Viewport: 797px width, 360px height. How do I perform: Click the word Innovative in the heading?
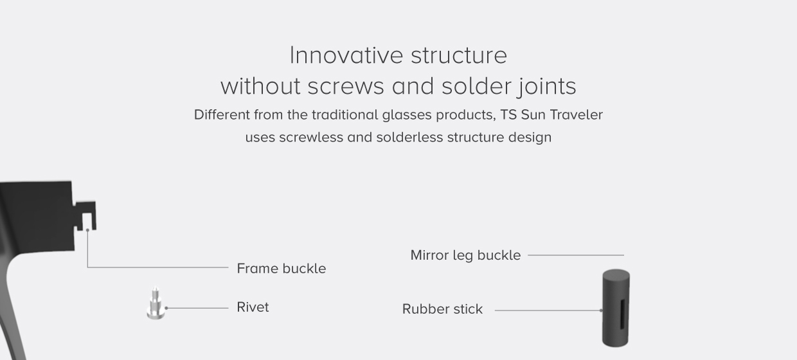(346, 55)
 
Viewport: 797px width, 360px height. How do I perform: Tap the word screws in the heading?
(346, 86)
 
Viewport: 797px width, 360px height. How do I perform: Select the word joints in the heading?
(546, 86)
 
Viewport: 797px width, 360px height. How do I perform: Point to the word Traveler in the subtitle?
(577, 115)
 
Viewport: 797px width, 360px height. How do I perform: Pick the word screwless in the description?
(311, 138)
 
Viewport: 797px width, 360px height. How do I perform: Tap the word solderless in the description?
(409, 138)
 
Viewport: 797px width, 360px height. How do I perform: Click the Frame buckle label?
(281, 269)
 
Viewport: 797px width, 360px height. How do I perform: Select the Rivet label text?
(253, 307)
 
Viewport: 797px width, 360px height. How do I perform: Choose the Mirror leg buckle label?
(465, 255)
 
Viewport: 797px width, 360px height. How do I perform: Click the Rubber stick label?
(442, 309)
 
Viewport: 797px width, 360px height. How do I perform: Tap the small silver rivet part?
(156, 304)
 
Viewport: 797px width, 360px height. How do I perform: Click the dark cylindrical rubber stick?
(616, 308)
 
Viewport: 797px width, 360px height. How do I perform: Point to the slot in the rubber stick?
(623, 314)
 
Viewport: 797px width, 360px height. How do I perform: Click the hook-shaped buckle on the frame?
(86, 215)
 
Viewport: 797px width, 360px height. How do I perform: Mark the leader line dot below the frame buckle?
(87, 230)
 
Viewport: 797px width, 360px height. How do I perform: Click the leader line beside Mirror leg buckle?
(576, 255)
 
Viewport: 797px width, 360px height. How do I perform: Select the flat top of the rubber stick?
(616, 274)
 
